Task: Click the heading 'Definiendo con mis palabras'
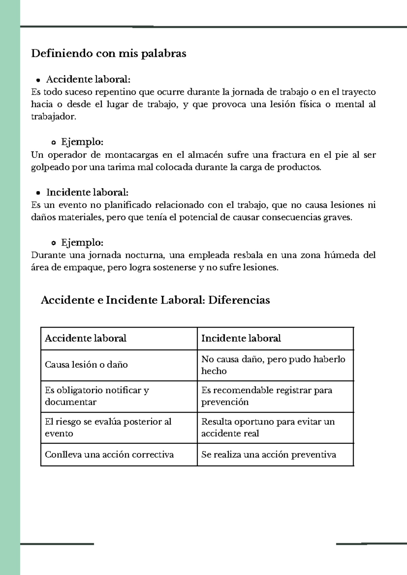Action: coord(109,54)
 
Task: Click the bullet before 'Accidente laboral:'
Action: coord(38,80)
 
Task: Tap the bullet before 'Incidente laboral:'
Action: coord(38,193)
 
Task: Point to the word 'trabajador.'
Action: coord(54,117)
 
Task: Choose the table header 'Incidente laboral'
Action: coord(241,338)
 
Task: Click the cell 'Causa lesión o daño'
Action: coord(86,365)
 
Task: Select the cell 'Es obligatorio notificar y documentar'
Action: coord(97,396)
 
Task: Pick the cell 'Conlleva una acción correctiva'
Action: coord(109,454)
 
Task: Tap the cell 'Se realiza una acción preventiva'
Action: coord(269,454)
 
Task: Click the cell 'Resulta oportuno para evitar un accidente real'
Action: coord(268,427)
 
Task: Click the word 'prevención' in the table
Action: coord(225,402)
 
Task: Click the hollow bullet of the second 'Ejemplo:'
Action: coord(53,243)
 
